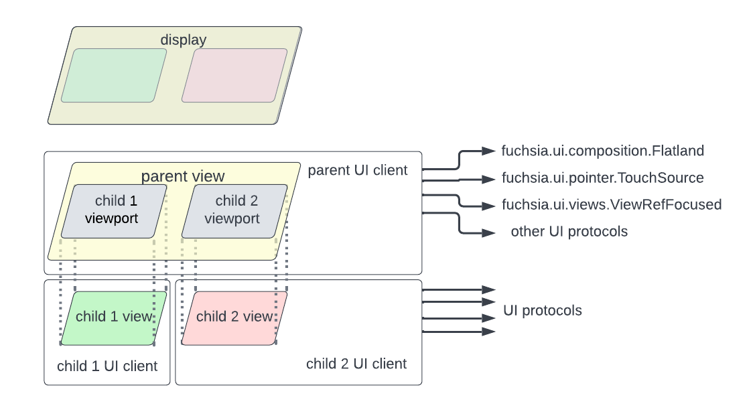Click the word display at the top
(x=183, y=40)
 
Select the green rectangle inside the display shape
(x=114, y=76)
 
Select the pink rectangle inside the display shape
(x=234, y=76)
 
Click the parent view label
(x=182, y=176)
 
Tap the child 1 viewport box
(x=114, y=210)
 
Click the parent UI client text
(x=357, y=170)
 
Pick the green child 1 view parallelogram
(x=114, y=318)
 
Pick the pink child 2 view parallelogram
(x=234, y=318)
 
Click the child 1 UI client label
(x=107, y=366)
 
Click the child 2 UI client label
(x=356, y=364)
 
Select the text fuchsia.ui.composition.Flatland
(x=602, y=151)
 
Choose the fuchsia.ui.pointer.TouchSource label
(x=602, y=178)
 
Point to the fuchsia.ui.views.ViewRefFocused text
(x=611, y=204)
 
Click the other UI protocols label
(x=569, y=232)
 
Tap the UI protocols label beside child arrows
(x=542, y=311)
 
